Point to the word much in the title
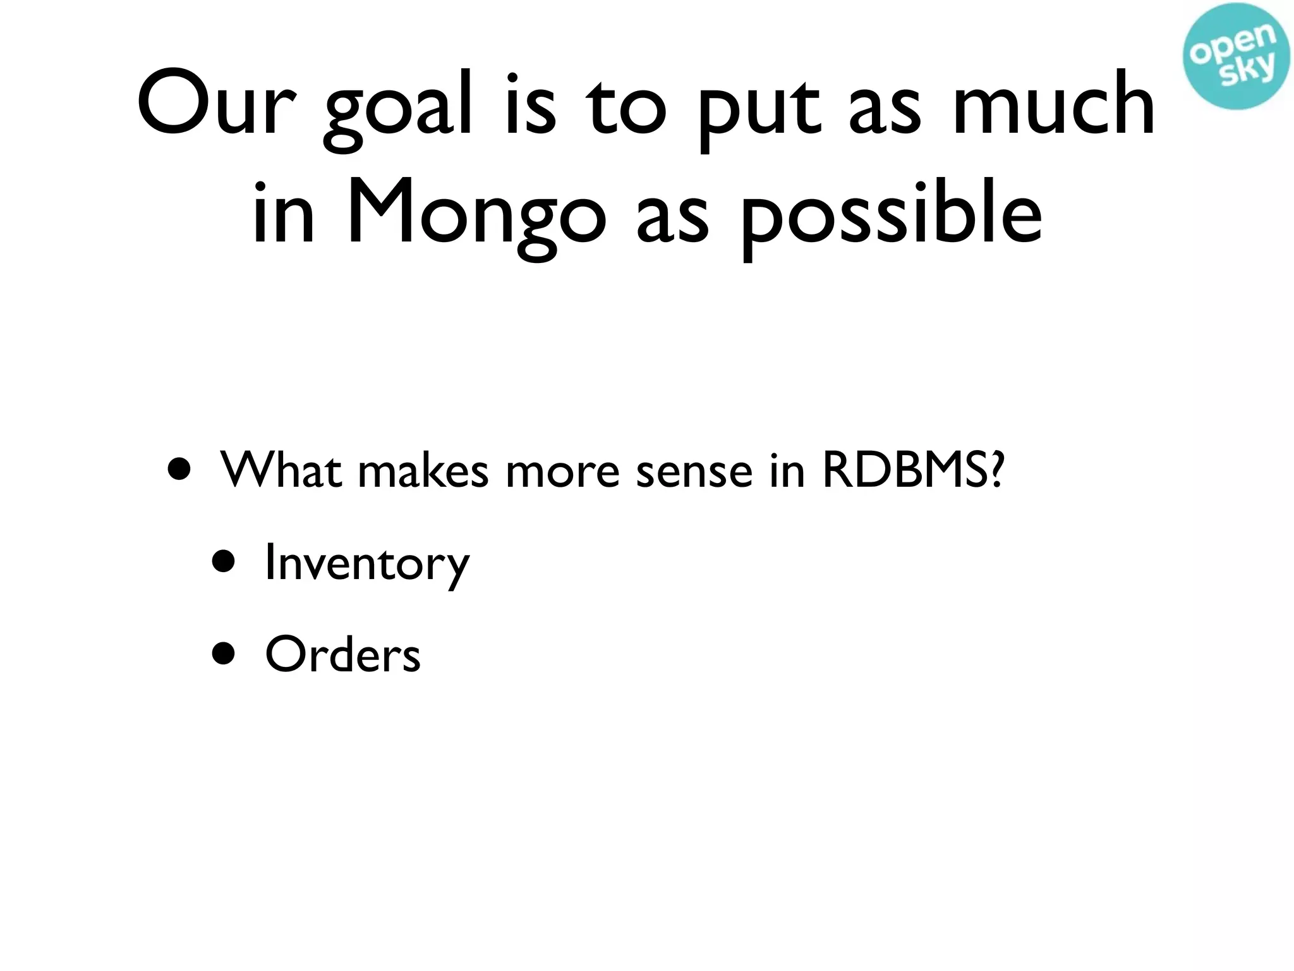(x=1054, y=104)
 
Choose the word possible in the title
(x=891, y=218)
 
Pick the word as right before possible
(x=673, y=218)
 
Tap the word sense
(x=694, y=473)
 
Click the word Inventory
(x=367, y=563)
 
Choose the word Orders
(x=342, y=654)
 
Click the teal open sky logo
(x=1237, y=56)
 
